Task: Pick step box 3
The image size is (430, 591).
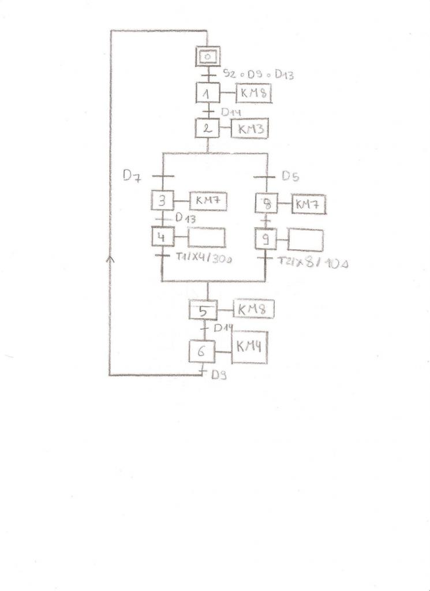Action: (162, 200)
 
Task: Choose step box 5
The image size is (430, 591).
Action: (203, 311)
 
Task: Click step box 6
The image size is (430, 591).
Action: (203, 350)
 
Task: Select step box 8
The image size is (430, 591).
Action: (267, 203)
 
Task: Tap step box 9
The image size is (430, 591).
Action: (266, 238)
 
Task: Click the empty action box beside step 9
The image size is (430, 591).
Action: (305, 240)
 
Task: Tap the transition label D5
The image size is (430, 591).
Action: (290, 175)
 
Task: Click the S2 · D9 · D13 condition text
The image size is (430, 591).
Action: (257, 74)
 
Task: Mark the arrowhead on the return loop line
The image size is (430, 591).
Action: (111, 260)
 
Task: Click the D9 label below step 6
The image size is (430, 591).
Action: (218, 375)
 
